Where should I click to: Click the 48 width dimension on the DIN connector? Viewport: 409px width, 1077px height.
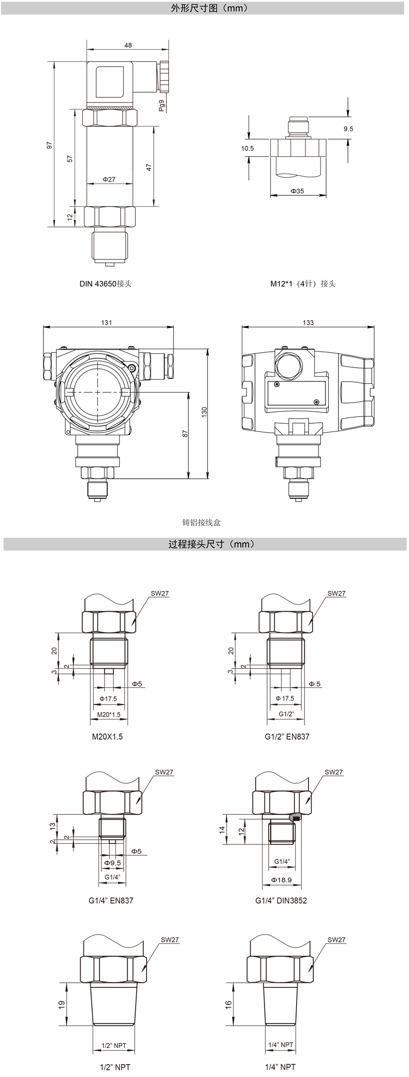128,45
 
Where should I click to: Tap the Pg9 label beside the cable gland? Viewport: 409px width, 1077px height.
162,106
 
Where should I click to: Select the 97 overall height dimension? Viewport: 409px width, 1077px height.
50,146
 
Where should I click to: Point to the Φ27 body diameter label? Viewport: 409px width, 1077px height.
109,179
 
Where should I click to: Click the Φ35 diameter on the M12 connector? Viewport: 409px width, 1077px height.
297,191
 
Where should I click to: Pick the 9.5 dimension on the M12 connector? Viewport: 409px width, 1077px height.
348,129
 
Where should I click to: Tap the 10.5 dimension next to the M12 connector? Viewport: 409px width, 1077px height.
247,148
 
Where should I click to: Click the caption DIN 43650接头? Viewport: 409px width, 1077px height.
106,283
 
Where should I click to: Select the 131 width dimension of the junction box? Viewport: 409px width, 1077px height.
107,322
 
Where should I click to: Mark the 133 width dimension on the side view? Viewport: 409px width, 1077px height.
308,322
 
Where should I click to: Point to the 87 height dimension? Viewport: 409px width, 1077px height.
185,434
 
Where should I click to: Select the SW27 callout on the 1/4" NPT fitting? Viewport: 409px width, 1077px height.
336,939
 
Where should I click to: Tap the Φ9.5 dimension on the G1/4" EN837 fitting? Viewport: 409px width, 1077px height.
112,863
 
